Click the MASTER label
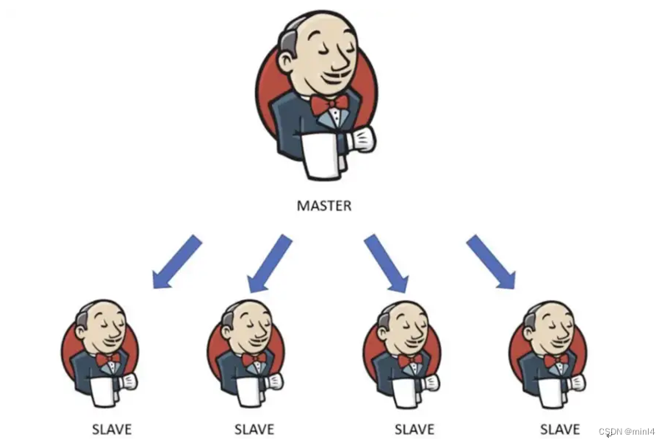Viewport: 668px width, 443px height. point(324,205)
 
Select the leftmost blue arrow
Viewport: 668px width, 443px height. point(177,262)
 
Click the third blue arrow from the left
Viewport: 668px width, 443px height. point(386,263)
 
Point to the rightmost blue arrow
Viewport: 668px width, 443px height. point(490,262)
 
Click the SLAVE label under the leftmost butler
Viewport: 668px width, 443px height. point(112,430)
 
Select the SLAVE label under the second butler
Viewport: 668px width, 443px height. point(254,430)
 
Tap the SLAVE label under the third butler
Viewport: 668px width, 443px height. point(414,430)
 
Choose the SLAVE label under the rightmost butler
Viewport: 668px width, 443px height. point(560,430)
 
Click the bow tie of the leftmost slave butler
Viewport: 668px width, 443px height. point(108,360)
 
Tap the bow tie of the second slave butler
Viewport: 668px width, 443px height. point(254,358)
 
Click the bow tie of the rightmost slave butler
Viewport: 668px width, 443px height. point(556,360)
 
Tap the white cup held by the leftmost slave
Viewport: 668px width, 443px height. point(103,392)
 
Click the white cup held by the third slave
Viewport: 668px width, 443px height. point(406,392)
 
